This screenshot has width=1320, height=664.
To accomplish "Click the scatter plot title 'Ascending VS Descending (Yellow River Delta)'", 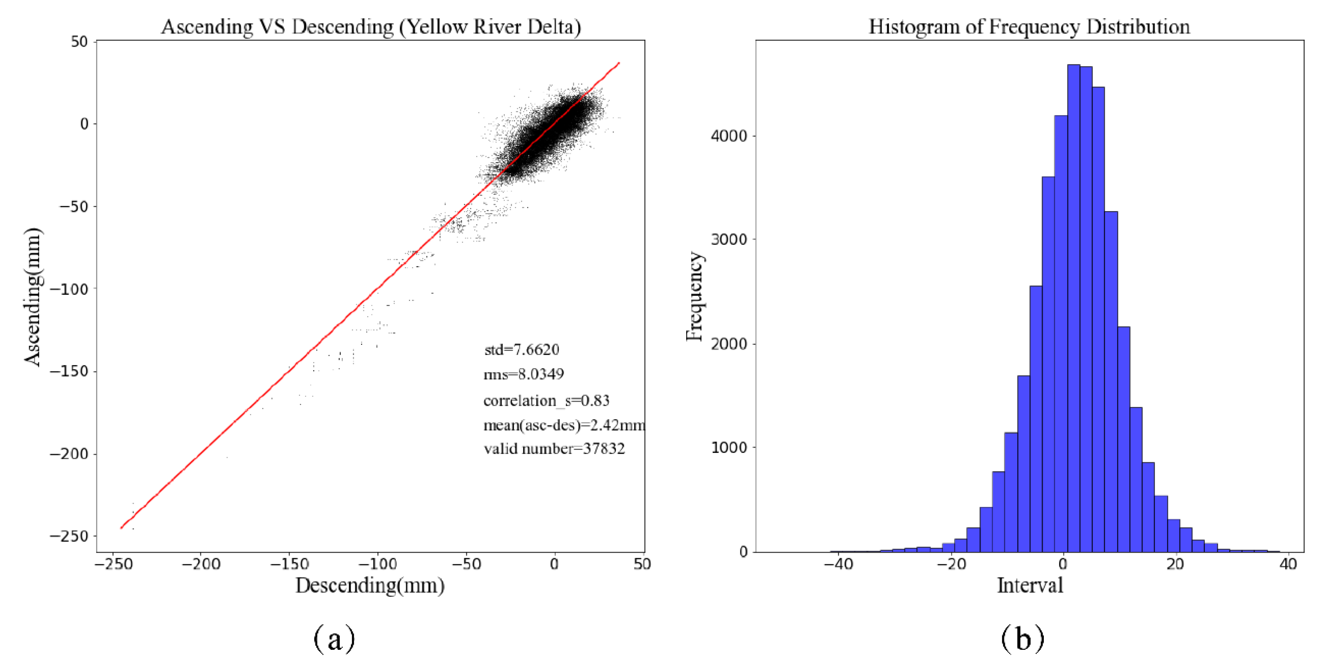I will tap(371, 27).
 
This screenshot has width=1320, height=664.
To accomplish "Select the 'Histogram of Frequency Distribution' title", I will tap(1029, 27).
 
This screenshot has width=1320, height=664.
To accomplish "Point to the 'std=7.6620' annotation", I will tap(522, 349).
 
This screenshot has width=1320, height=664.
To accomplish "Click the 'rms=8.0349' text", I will tap(524, 374).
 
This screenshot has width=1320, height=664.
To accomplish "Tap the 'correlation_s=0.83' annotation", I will tap(546, 400).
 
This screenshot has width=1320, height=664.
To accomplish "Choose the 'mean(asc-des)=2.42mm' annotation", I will tap(564, 425).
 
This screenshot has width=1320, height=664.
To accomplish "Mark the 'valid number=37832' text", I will tap(555, 449).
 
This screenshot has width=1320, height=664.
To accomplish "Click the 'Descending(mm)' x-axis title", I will tap(370, 585).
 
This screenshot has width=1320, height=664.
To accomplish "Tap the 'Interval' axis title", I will tap(1030, 585).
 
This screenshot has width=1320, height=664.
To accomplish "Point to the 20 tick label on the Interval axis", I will tap(1175, 564).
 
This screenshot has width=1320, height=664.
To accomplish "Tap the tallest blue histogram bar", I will tap(1073, 308).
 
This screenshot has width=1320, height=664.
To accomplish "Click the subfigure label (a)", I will tap(334, 638).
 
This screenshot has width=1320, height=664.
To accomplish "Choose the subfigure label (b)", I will tap(1023, 638).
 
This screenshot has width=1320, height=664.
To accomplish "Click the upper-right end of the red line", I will tap(619, 63).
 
